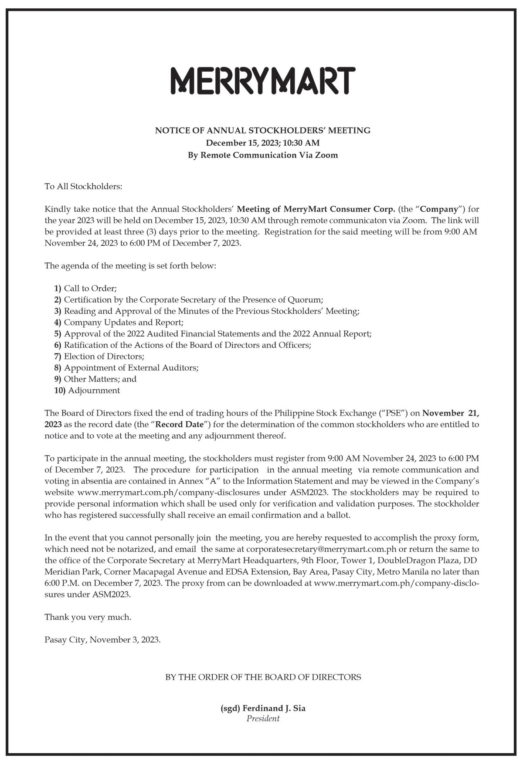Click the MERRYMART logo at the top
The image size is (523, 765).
(x=263, y=81)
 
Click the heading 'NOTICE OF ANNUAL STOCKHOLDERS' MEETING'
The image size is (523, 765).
(x=263, y=130)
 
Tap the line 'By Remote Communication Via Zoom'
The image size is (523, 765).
(x=263, y=155)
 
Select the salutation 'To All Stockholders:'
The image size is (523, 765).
(x=84, y=186)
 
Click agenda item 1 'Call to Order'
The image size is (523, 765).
(x=90, y=289)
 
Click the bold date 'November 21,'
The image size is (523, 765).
(x=451, y=413)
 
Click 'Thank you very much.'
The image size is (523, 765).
(x=88, y=617)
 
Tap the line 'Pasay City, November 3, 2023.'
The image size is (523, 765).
(x=102, y=640)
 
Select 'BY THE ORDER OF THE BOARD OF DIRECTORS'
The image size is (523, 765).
(x=263, y=677)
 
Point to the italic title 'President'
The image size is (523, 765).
(x=263, y=718)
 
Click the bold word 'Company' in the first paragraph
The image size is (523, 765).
(x=438, y=209)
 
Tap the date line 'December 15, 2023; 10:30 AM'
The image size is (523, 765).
(x=263, y=143)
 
